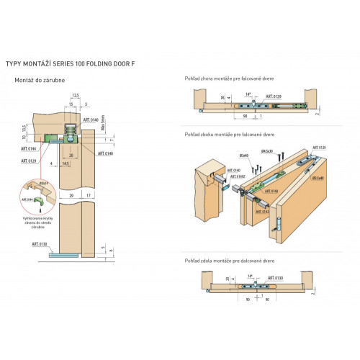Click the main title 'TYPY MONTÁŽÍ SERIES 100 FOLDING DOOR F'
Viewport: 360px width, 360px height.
tap(70, 64)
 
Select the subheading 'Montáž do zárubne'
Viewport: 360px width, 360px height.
tap(40, 80)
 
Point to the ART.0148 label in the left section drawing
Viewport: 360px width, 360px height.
tap(105, 153)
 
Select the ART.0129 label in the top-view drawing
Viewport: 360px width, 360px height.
tap(274, 95)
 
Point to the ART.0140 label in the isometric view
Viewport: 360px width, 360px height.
tap(234, 171)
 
